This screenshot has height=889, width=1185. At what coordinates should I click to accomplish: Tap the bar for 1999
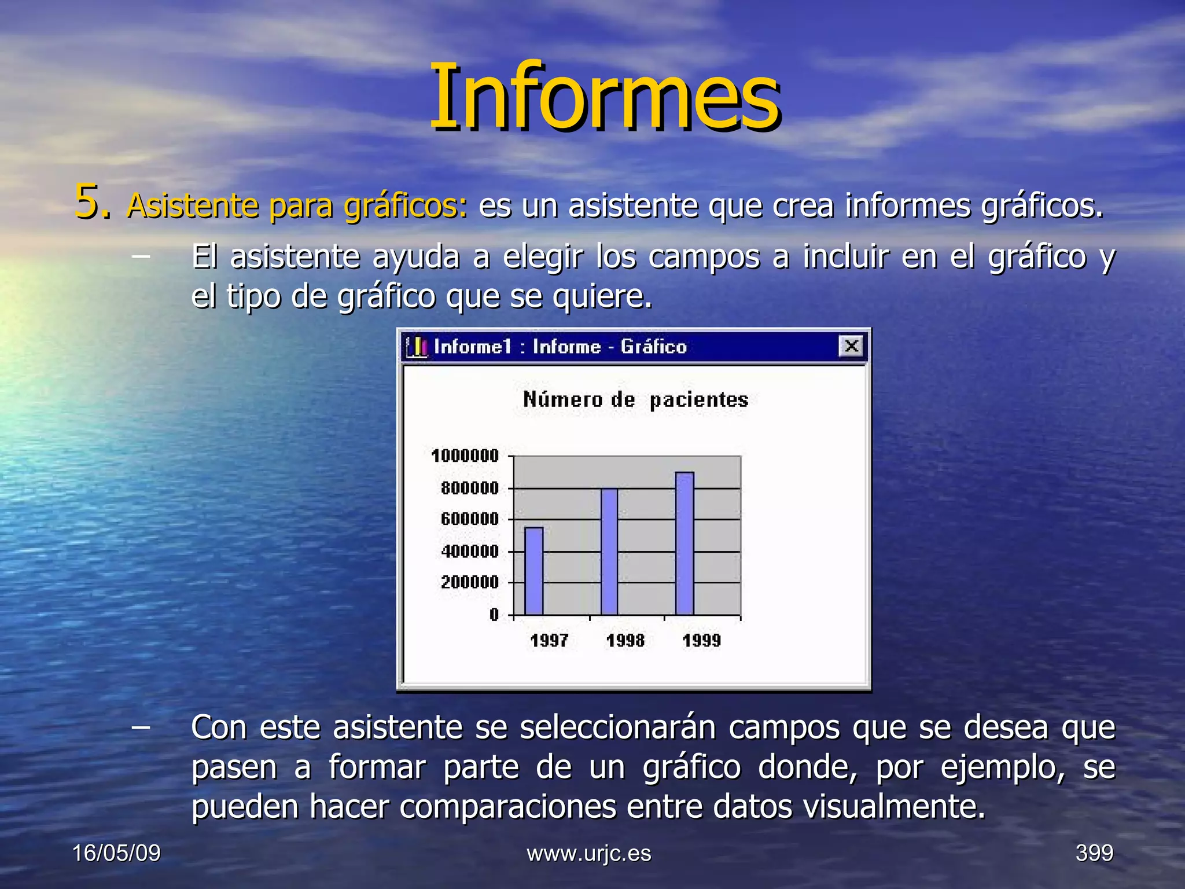pos(684,543)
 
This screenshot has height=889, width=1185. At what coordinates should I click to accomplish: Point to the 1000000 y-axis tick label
pos(465,456)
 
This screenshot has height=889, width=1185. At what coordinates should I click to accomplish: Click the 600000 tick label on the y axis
pos(469,519)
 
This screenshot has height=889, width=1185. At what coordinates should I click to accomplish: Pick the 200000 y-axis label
pos(469,582)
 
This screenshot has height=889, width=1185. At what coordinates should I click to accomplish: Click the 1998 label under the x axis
pos(625,641)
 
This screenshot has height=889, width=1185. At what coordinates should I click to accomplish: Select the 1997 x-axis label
pos(549,641)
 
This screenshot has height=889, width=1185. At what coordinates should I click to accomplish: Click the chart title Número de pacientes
pos(635,400)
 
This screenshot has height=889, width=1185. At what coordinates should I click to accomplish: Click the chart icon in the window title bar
pos(417,347)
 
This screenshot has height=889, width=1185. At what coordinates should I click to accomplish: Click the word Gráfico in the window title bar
pos(653,347)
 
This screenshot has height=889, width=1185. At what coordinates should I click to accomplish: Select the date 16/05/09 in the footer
pos(116,853)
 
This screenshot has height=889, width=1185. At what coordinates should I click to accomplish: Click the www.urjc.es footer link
pos(588,853)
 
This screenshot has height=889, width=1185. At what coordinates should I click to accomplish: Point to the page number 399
pos(1094,853)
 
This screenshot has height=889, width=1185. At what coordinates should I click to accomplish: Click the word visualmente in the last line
pos(894,806)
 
